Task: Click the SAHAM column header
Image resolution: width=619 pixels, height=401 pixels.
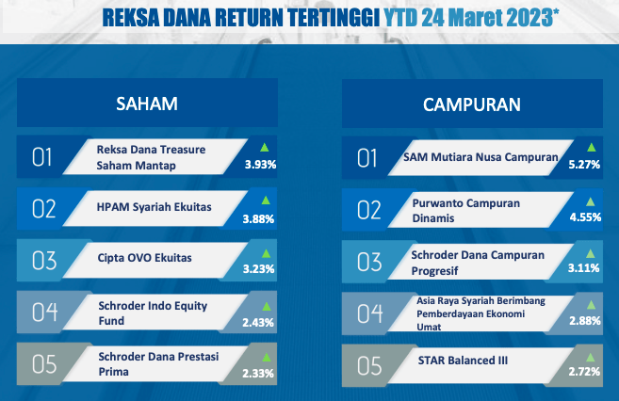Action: pyautogui.click(x=147, y=104)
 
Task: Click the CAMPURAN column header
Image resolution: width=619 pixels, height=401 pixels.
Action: pyautogui.click(x=472, y=104)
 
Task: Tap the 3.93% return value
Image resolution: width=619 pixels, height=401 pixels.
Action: pyautogui.click(x=260, y=165)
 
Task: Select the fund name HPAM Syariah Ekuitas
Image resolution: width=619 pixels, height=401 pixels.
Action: pyautogui.click(x=154, y=207)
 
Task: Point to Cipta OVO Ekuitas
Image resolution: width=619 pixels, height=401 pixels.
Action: pyautogui.click(x=144, y=258)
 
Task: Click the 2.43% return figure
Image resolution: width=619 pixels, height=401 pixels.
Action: pyautogui.click(x=258, y=323)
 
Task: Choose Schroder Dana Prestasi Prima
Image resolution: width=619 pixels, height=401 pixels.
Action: pyautogui.click(x=158, y=364)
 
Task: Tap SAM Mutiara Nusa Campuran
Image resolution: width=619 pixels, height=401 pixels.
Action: pyautogui.click(x=481, y=157)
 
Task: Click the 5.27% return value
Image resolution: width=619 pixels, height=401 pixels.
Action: pyautogui.click(x=584, y=165)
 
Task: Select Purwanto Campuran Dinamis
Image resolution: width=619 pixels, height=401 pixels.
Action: pyautogui.click(x=465, y=211)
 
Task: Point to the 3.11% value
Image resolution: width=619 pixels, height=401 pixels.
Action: pyautogui.click(x=583, y=268)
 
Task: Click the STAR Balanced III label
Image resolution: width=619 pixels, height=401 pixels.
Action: pyautogui.click(x=463, y=361)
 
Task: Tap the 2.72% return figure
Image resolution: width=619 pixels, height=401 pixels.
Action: pyautogui.click(x=584, y=372)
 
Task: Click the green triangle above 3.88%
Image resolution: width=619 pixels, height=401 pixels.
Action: pyautogui.click(x=266, y=200)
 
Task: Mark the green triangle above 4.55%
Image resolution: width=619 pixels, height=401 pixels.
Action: pyautogui.click(x=590, y=201)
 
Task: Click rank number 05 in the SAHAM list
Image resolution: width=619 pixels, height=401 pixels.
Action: pyautogui.click(x=44, y=364)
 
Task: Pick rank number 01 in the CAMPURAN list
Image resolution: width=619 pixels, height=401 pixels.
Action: pyautogui.click(x=367, y=158)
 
